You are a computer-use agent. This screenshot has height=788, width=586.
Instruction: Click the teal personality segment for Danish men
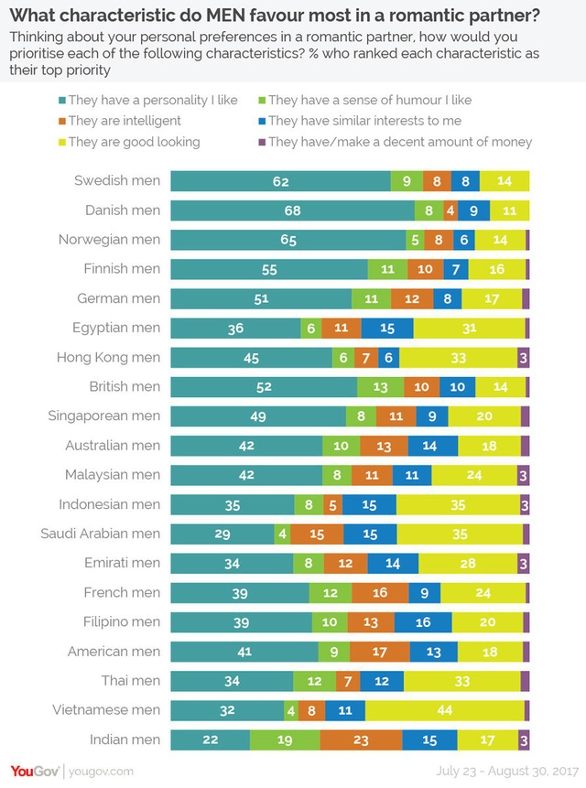(292, 210)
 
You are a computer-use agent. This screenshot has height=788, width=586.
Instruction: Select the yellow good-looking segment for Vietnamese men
(444, 709)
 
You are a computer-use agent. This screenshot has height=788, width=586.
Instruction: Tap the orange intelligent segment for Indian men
(361, 739)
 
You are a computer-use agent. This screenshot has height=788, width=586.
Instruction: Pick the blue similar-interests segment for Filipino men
(424, 621)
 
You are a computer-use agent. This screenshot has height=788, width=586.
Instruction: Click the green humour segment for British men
(380, 386)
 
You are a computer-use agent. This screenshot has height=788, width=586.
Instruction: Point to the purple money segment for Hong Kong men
(524, 357)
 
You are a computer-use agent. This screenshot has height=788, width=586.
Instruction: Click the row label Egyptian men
(116, 328)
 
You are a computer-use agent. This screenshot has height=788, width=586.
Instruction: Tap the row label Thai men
(131, 680)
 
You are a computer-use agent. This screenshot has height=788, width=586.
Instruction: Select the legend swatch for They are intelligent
(60, 121)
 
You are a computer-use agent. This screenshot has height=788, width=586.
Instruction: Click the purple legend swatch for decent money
(261, 142)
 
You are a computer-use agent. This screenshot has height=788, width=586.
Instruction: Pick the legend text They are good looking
(134, 142)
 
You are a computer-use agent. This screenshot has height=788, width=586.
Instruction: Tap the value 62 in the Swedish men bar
(280, 180)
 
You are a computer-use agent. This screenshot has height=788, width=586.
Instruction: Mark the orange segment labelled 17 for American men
(379, 651)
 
